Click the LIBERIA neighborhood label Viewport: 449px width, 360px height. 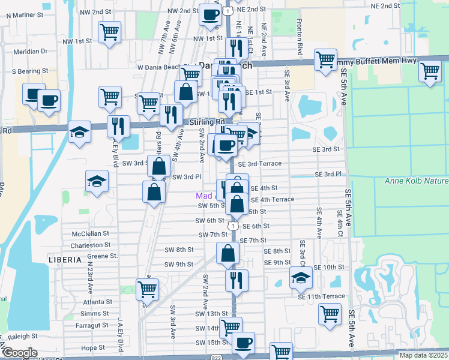(x=65, y=260)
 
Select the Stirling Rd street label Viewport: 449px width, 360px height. (x=203, y=122)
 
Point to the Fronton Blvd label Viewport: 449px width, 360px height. (x=298, y=37)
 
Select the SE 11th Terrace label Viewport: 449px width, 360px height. (x=321, y=296)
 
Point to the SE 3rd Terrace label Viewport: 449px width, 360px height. (x=259, y=164)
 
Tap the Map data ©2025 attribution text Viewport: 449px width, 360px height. (x=424, y=355)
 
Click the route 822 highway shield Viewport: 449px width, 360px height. (x=215, y=356)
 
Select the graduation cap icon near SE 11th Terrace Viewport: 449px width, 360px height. (x=301, y=277)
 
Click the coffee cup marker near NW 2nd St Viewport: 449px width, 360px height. (x=210, y=14)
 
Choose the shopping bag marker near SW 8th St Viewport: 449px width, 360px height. (x=228, y=253)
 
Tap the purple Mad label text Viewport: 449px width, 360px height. (x=205, y=196)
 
